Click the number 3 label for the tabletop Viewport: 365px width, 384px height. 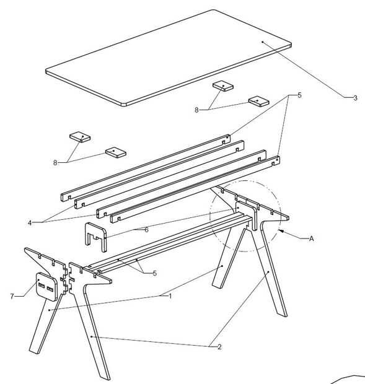355,98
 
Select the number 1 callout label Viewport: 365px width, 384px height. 170,296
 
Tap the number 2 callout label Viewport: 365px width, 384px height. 219,347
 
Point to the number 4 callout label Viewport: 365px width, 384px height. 30,223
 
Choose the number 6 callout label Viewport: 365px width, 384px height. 146,230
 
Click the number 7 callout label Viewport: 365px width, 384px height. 12,296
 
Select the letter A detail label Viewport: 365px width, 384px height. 311,238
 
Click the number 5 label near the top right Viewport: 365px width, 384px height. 299,95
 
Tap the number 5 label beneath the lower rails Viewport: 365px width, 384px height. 154,273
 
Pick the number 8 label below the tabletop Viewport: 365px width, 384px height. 196,110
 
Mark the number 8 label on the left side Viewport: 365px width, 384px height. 55,163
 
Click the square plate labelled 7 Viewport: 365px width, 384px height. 47,287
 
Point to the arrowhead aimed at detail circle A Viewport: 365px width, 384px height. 282,231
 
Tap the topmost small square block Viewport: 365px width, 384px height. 222,86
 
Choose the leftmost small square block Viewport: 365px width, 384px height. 80,137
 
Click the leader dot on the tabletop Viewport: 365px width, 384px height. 262,42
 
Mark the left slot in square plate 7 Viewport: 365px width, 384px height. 42,286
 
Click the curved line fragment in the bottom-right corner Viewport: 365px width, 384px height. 348,379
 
